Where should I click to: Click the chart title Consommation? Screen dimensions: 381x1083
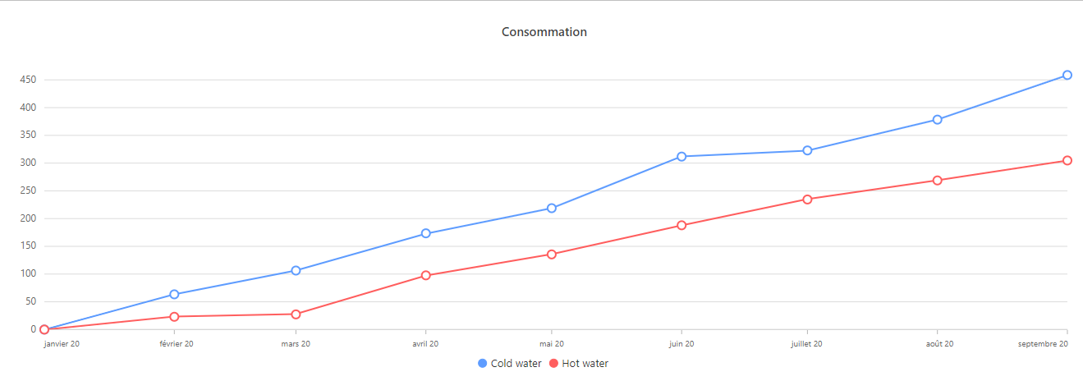point(544,32)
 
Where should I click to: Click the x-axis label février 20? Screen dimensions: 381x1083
point(177,344)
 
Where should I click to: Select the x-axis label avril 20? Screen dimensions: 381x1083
point(424,344)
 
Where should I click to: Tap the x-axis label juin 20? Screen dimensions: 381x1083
point(681,344)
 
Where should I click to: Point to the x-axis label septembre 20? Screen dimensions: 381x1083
point(1042,344)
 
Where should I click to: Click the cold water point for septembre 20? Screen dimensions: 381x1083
point(1067,75)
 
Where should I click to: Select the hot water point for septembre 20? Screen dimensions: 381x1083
point(1067,160)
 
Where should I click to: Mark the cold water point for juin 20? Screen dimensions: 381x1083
point(681,156)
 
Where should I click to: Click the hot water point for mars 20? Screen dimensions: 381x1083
point(296,314)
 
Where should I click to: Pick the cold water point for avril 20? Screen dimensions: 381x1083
point(425,233)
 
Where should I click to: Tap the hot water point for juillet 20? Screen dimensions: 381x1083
point(807,199)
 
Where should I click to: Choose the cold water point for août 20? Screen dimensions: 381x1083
point(937,119)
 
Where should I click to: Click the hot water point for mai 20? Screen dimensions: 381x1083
point(552,254)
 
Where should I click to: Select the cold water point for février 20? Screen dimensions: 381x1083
point(174,294)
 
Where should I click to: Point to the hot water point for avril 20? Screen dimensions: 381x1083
point(425,275)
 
